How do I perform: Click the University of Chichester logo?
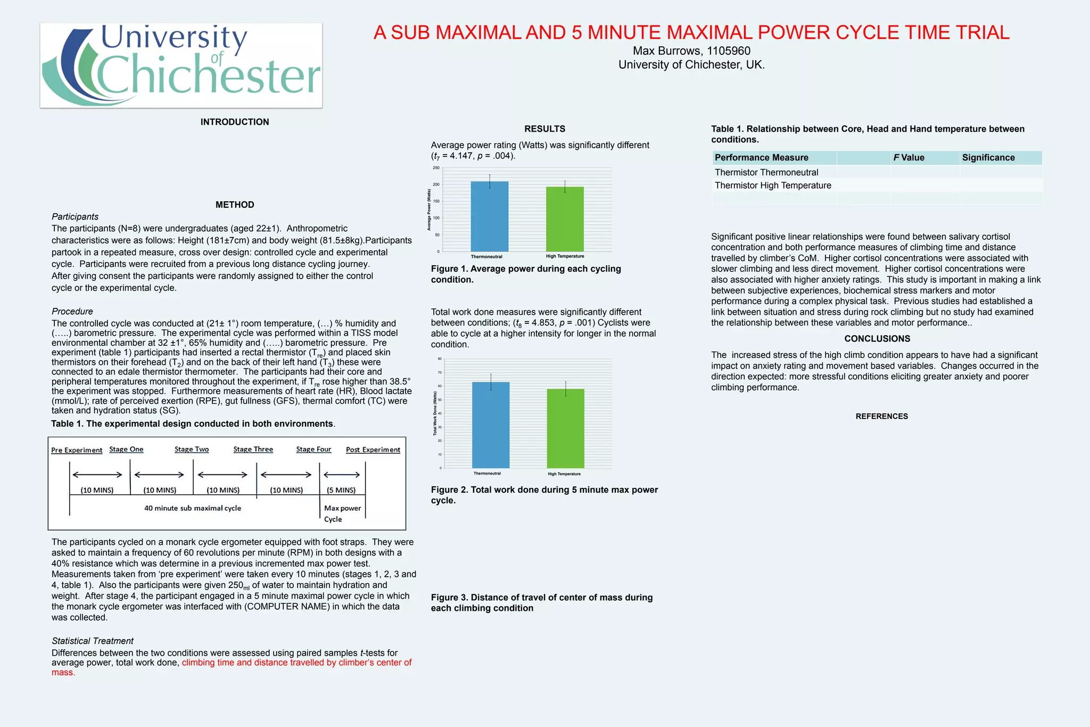click(181, 65)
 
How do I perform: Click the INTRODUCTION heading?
click(235, 122)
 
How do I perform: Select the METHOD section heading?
click(235, 205)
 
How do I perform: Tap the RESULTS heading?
click(544, 129)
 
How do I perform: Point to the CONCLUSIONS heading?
click(877, 339)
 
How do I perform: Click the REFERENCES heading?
click(881, 416)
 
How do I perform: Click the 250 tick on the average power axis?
click(436, 168)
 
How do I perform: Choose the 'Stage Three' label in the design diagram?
click(253, 450)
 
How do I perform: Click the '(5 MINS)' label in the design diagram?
click(341, 490)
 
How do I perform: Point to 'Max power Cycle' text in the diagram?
click(342, 513)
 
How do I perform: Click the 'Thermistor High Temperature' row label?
click(773, 185)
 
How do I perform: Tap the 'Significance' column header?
click(988, 158)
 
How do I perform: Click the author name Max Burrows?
click(691, 51)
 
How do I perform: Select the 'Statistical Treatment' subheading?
click(93, 641)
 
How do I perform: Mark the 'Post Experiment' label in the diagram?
click(373, 450)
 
